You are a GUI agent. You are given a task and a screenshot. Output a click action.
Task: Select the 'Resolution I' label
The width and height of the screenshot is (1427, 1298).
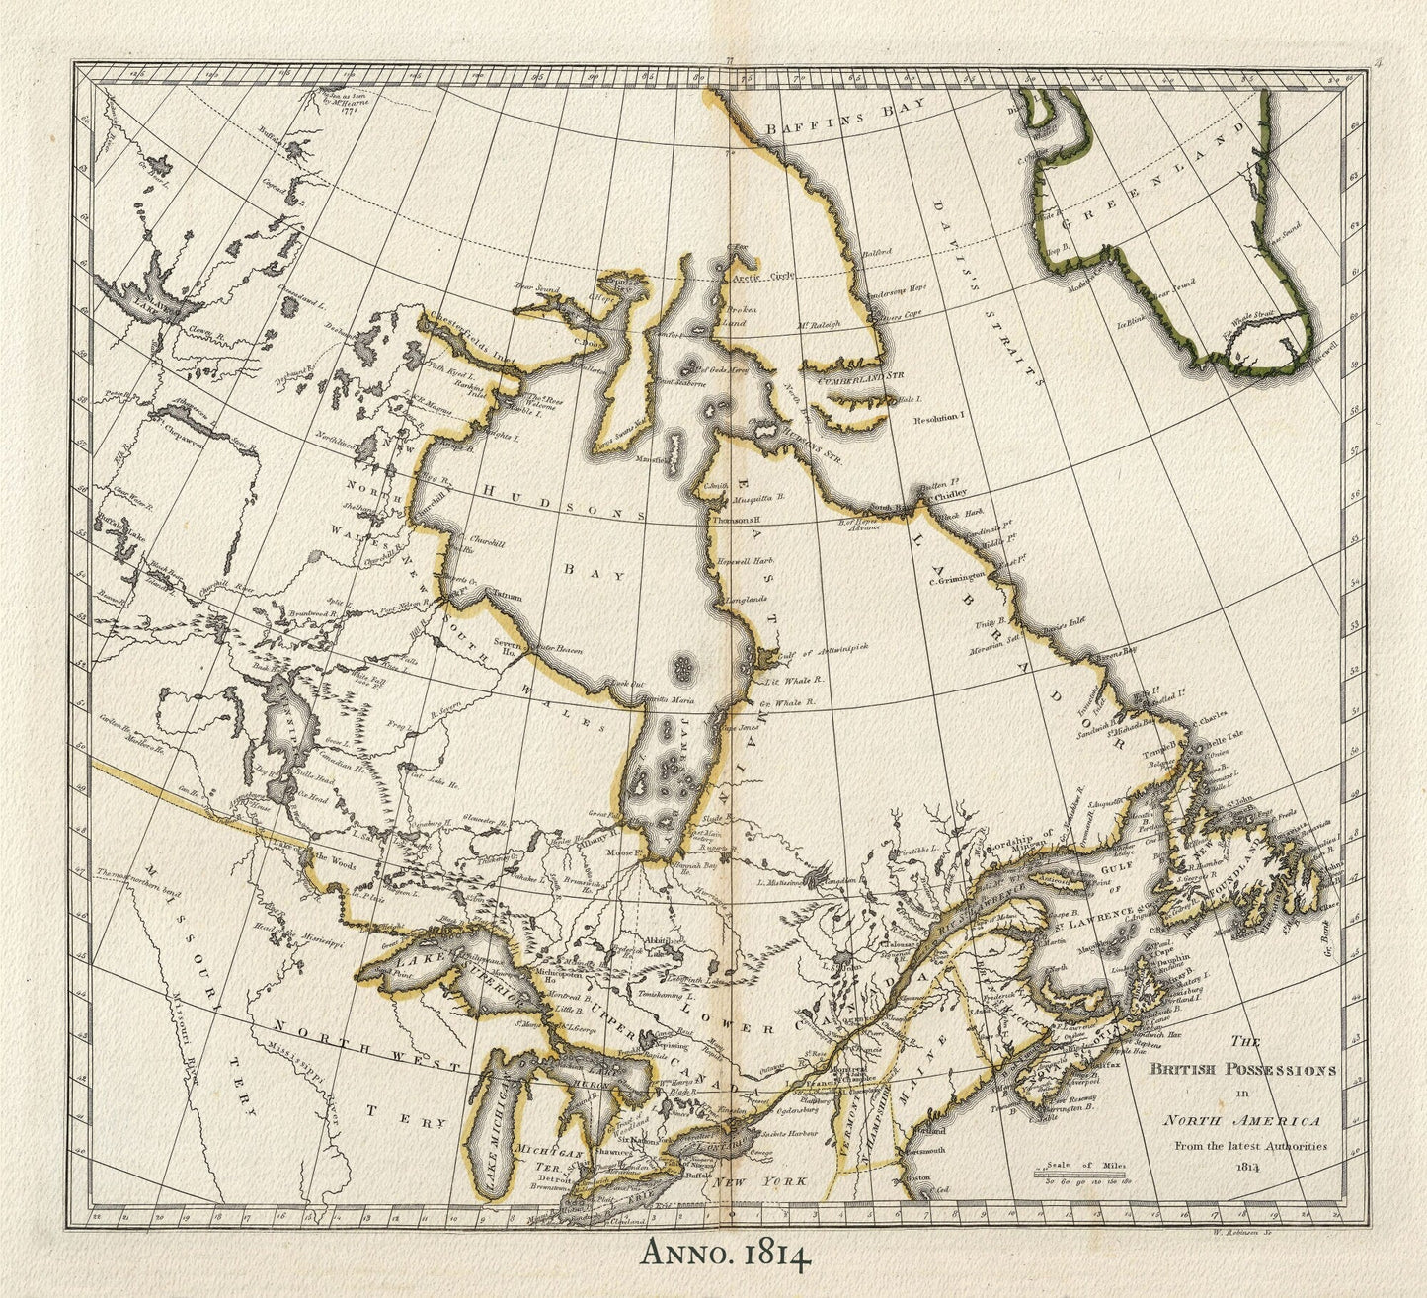[x=936, y=419]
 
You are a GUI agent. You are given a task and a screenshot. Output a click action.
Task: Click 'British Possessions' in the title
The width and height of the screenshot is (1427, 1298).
[x=1241, y=1069]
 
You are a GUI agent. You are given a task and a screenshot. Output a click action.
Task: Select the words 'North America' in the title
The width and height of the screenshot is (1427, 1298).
[x=1241, y=1120]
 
